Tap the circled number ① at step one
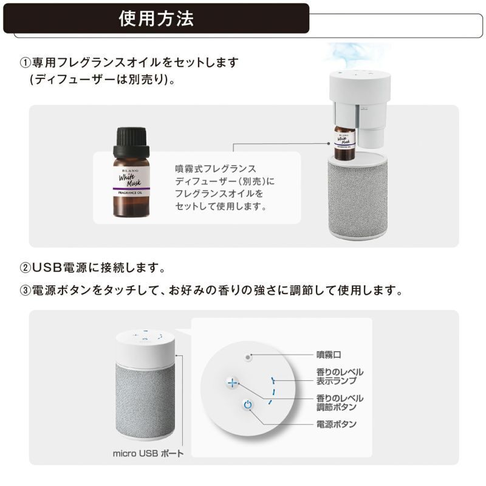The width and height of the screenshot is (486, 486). pos(25,63)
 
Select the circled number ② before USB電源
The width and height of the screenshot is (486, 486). pos(25,268)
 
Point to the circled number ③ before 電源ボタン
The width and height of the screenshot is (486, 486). pos(25,290)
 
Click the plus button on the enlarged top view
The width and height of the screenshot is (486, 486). pos(231,383)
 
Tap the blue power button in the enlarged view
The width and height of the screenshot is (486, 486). pos(247,405)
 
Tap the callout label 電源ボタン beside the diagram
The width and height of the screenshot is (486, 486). pos(336,424)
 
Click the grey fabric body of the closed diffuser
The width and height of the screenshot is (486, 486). pos(146,395)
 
